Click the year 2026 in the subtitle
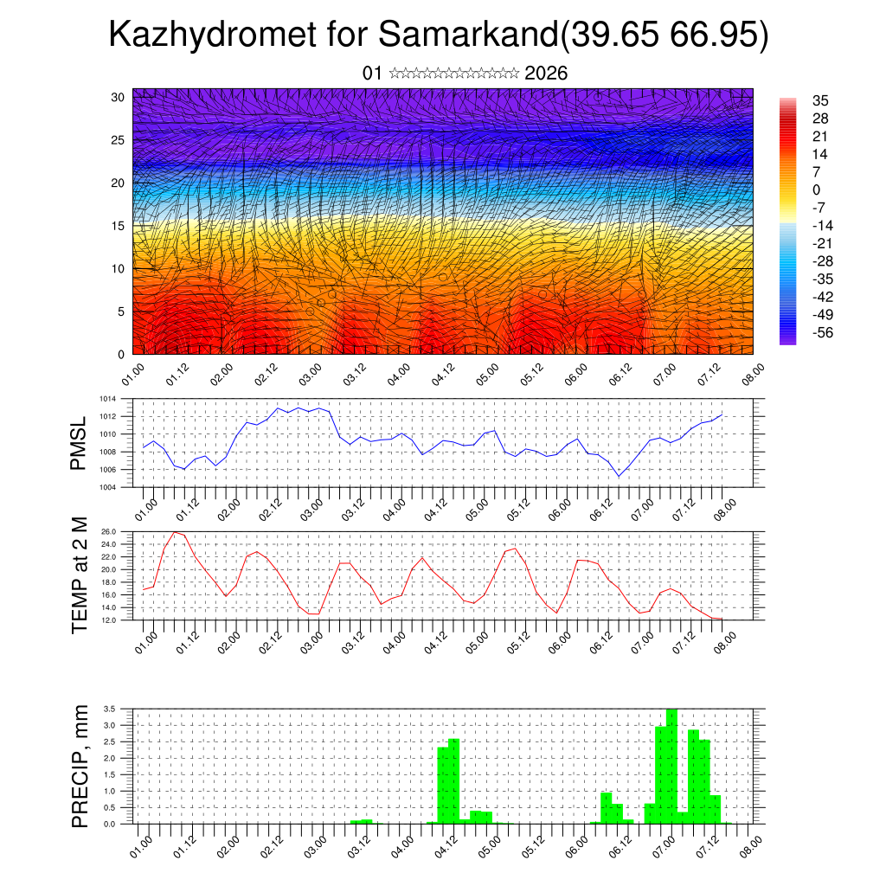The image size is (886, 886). click(546, 74)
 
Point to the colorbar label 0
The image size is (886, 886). click(817, 189)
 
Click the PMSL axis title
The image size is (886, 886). click(80, 443)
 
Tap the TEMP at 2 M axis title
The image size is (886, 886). click(80, 575)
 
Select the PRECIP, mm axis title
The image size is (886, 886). click(80, 766)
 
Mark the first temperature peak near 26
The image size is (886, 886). click(176, 533)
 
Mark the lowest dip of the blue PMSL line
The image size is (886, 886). click(619, 476)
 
